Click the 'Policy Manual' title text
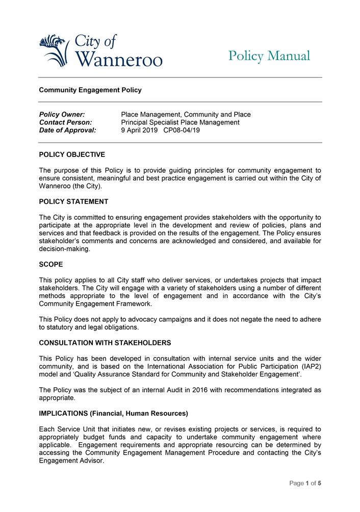point(269,56)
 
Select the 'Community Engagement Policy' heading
point(90,90)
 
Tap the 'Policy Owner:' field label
point(62,115)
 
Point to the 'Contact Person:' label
point(65,122)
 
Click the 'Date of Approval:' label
point(67,130)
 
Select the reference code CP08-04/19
point(182,130)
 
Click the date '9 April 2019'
point(139,130)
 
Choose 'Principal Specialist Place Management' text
point(180,122)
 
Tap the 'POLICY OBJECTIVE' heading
point(72,154)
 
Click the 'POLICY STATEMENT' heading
point(73,202)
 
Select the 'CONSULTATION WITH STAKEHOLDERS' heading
point(105,343)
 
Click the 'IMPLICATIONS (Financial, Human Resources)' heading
point(113,413)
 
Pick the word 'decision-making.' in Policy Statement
point(65,249)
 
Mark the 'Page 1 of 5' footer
point(305,483)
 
